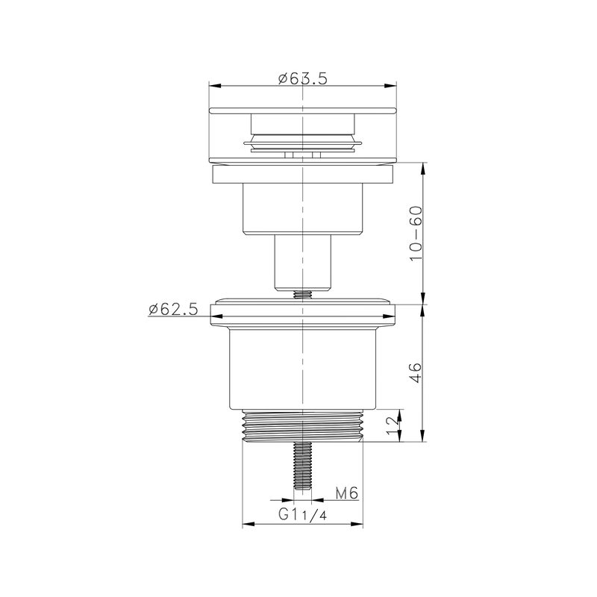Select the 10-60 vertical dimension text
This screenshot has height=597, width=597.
[x=416, y=233]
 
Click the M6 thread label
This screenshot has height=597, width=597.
[x=348, y=493]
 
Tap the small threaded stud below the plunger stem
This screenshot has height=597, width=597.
[x=302, y=294]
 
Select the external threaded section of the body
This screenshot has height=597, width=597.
[x=302, y=427]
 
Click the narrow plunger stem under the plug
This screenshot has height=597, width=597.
[x=302, y=261]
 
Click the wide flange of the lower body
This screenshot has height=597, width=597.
[x=302, y=313]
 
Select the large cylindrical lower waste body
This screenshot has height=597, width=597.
[x=302, y=369]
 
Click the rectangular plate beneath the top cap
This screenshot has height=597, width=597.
[x=302, y=175]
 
